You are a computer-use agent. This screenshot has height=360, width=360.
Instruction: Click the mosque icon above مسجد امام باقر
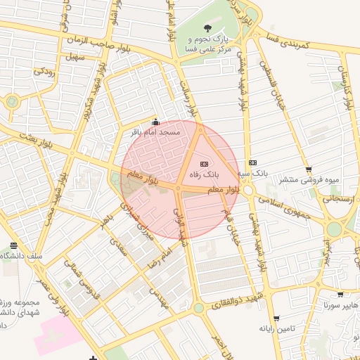coord(155,121)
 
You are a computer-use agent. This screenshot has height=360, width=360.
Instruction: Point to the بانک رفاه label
coord(203,173)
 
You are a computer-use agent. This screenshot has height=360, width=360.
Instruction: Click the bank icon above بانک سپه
coord(252,162)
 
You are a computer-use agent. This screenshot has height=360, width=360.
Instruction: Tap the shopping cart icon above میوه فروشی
coord(309,169)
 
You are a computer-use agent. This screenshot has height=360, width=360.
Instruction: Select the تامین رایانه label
coord(275,328)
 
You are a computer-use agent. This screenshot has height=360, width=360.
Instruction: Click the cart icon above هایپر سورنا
coord(340,295)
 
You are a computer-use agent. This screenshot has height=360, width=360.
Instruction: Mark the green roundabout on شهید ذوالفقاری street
coord(199,308)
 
